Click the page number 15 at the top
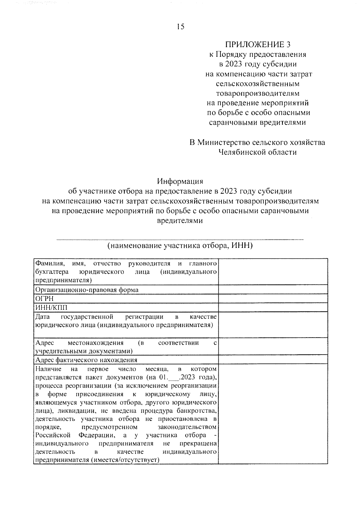(181, 27)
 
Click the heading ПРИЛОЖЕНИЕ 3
(258, 45)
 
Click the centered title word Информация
(180, 181)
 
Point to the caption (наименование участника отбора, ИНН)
(180, 246)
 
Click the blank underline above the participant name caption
(180, 239)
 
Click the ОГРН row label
(44, 299)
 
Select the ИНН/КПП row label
(51, 308)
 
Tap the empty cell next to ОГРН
(273, 299)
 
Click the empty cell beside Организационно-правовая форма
(273, 290)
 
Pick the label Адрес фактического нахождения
(86, 360)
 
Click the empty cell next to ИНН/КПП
(273, 308)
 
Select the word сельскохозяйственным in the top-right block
(257, 84)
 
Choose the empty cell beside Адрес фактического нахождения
(273, 360)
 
